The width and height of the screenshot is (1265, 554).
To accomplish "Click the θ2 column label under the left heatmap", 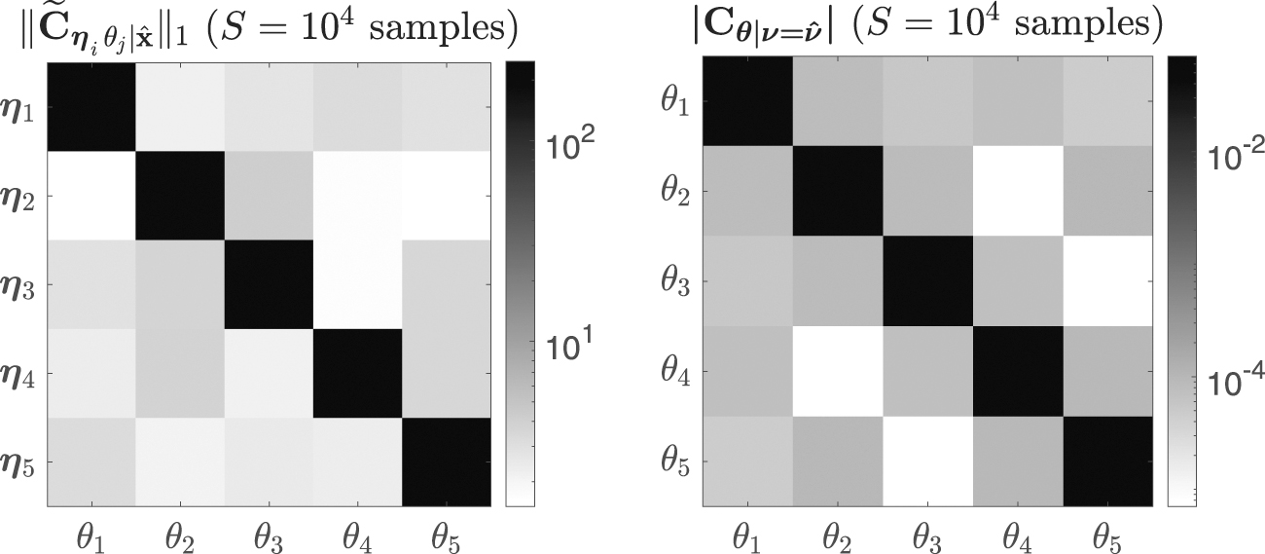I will (x=181, y=535).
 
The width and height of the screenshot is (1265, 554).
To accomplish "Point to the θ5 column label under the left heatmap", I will (x=451, y=535).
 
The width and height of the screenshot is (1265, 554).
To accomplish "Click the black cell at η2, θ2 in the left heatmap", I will (x=181, y=195).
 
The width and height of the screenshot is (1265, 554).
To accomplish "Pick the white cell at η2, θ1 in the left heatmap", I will (x=90, y=195).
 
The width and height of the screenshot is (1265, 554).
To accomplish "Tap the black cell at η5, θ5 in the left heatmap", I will (x=451, y=463).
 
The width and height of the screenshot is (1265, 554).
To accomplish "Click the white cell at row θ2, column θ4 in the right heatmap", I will (x=1017, y=195).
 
